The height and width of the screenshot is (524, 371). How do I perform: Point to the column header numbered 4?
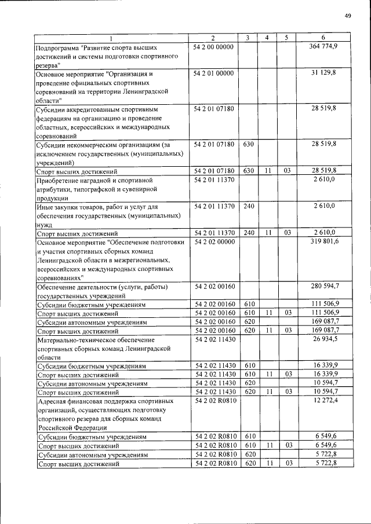267,38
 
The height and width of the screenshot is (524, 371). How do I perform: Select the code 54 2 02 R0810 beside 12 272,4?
214,401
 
